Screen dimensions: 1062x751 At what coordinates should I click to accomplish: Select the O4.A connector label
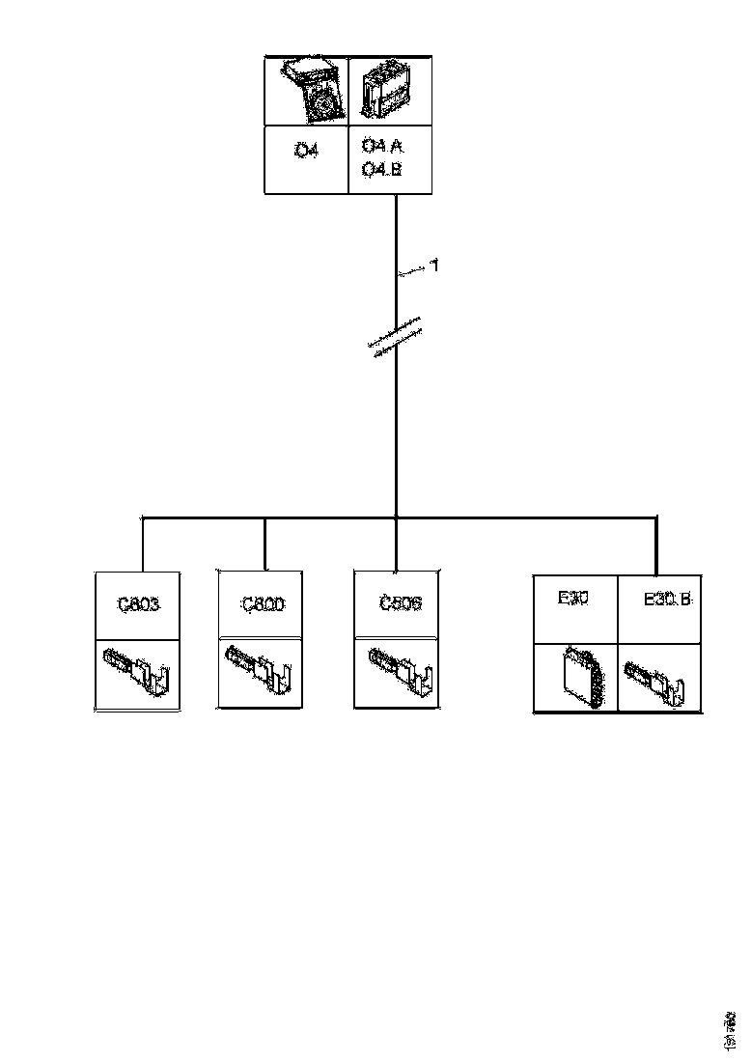pos(382,146)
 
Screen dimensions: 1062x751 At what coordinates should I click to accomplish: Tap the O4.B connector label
pos(382,170)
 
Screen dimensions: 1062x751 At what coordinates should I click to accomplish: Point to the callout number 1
pos(434,265)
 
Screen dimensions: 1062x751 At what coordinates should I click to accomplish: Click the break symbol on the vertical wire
pos(397,335)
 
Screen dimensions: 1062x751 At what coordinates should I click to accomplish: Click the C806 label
pos(400,605)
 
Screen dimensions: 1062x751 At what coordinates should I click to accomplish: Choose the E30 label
pos(573,599)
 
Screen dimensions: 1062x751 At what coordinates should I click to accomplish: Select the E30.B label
pos(667,600)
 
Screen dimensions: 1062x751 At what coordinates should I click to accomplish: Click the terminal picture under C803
pos(137,672)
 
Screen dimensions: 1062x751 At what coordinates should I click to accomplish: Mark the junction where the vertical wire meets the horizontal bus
pos(397,518)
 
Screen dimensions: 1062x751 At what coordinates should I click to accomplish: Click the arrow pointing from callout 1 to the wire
pos(412,274)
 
